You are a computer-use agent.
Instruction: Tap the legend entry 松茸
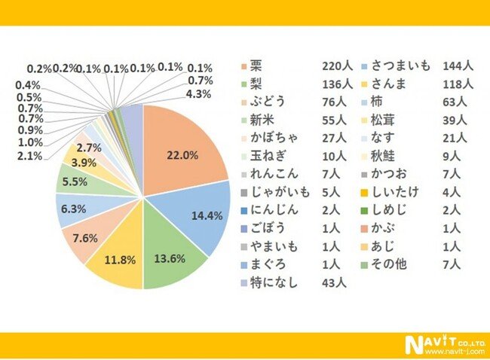click(x=387, y=118)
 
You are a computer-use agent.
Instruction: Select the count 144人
click(x=458, y=66)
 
